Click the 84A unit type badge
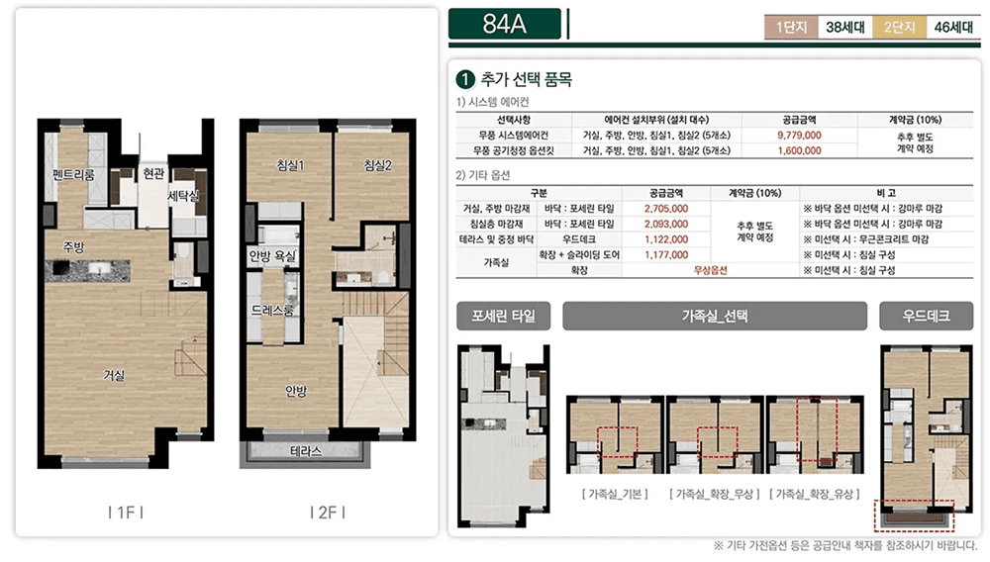505,24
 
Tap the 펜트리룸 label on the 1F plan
73,174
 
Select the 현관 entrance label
153,173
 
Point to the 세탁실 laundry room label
183,196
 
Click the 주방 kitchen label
73,246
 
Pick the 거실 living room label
114,375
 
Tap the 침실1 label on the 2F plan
290,165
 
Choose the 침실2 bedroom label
377,165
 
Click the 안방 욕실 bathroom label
272,256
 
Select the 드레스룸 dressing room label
272,310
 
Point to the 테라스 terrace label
306,451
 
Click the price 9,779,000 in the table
799,135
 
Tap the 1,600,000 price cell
799,150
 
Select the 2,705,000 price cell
666,209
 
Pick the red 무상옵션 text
710,270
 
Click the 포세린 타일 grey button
503,316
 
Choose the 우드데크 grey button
927,316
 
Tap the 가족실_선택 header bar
715,316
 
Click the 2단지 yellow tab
899,27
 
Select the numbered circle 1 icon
465,79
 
